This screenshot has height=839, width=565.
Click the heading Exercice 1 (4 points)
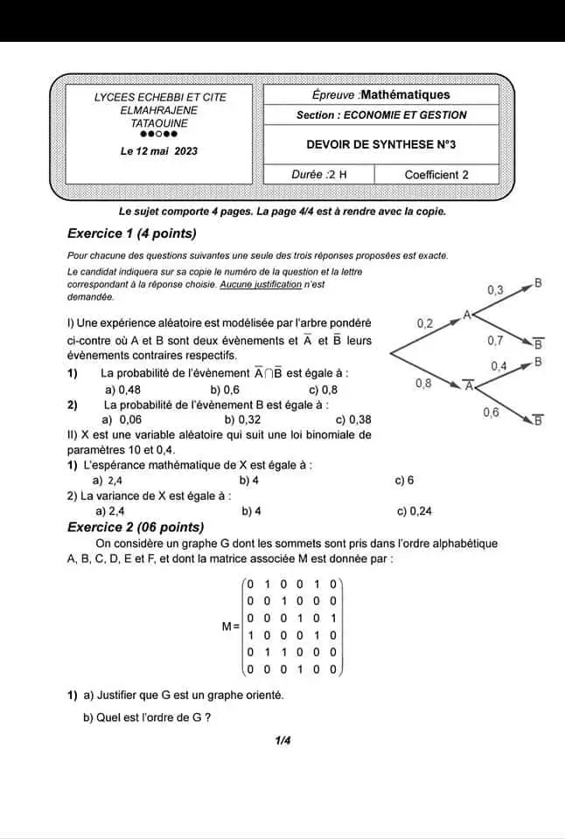(131, 233)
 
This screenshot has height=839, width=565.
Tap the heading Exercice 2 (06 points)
(136, 527)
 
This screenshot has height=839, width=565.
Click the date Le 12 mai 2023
(159, 151)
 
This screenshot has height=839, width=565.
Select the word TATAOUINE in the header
(159, 123)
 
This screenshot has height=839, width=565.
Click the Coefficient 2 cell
(436, 175)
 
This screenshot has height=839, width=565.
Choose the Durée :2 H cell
(318, 175)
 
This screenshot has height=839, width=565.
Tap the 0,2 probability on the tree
(425, 323)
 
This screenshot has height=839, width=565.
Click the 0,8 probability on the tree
(423, 383)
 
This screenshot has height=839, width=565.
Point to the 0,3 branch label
(495, 289)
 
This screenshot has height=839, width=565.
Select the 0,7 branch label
(495, 339)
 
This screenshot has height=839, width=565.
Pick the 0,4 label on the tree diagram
(499, 365)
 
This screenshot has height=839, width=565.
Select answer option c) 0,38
(353, 419)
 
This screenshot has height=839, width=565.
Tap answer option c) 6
(404, 481)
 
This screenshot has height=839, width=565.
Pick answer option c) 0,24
(414, 511)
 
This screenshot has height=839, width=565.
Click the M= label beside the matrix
(231, 627)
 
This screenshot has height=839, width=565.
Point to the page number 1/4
(282, 741)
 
